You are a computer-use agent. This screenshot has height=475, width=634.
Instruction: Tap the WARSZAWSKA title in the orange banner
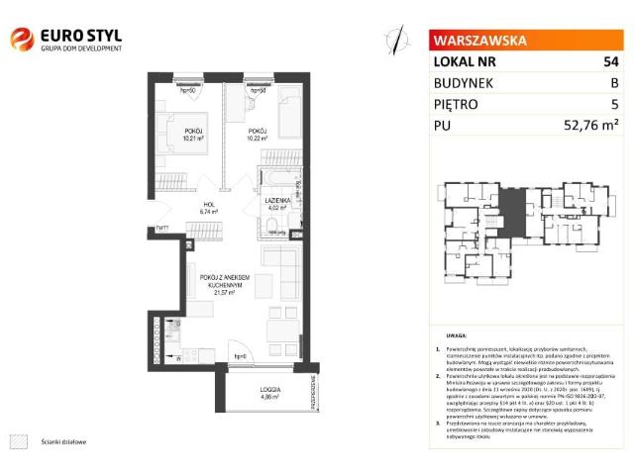pyautogui.click(x=475, y=42)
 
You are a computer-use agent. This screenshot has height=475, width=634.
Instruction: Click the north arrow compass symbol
pyautogui.click(x=398, y=39)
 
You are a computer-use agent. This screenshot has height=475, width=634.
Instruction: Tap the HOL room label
pyautogui.click(x=207, y=204)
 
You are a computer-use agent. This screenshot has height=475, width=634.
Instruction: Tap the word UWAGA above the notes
pyautogui.click(x=457, y=336)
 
